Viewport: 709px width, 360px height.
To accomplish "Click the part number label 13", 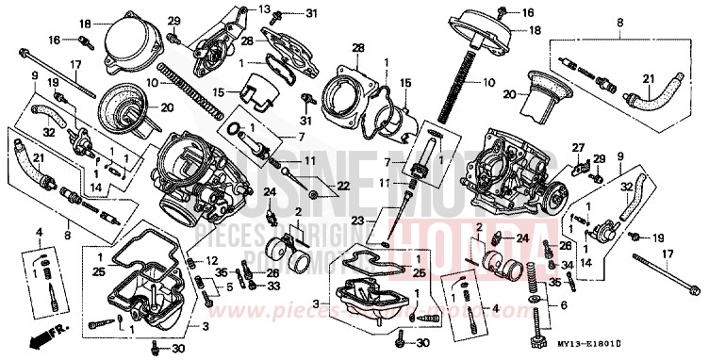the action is (265, 8).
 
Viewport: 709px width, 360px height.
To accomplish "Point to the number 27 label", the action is (579, 147).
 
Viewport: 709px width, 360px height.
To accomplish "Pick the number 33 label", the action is (272, 285).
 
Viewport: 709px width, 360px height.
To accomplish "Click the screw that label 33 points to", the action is (250, 286).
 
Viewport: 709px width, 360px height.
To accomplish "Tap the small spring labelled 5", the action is (197, 283).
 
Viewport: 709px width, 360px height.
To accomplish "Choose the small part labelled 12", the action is (192, 261).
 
